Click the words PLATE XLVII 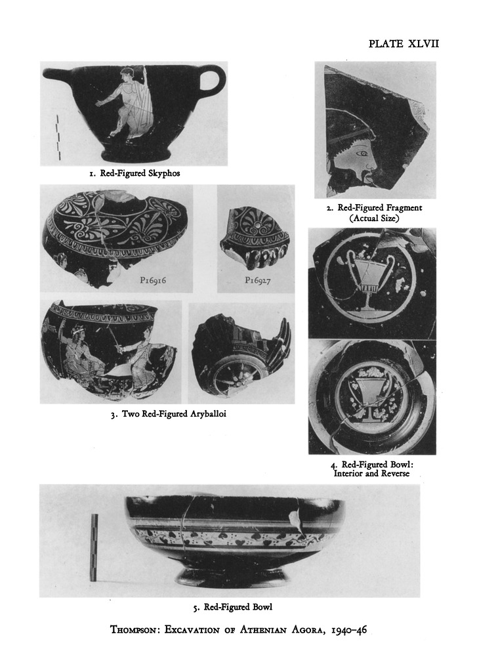(x=404, y=44)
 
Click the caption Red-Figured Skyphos (x=140, y=173)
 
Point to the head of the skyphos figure (x=127, y=75)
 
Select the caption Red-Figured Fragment (x=379, y=208)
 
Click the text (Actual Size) (x=375, y=218)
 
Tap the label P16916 (x=153, y=280)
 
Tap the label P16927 (x=258, y=280)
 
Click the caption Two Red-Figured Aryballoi (x=174, y=414)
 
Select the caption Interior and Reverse (x=371, y=474)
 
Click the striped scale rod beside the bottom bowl (x=94, y=547)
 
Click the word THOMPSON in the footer (x=135, y=630)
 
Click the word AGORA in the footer (x=308, y=630)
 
